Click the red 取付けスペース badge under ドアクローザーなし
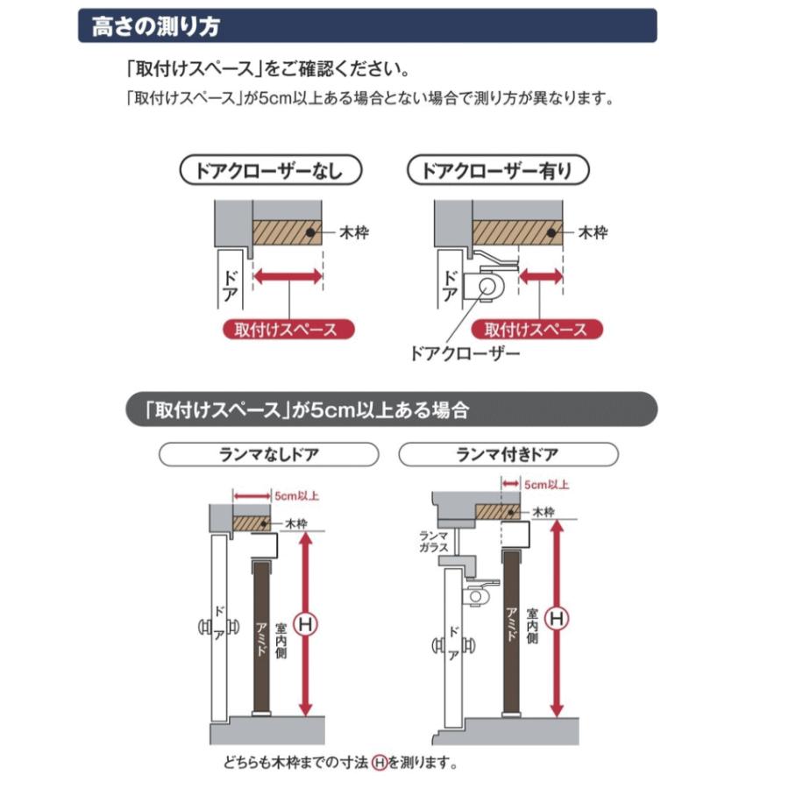(286, 330)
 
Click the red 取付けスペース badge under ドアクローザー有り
(536, 330)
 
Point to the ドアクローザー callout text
(465, 355)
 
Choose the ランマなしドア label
(268, 454)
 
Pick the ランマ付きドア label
(508, 454)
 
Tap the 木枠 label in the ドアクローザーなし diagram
(356, 233)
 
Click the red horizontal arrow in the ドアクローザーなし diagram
(288, 276)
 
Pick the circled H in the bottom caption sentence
(379, 762)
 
